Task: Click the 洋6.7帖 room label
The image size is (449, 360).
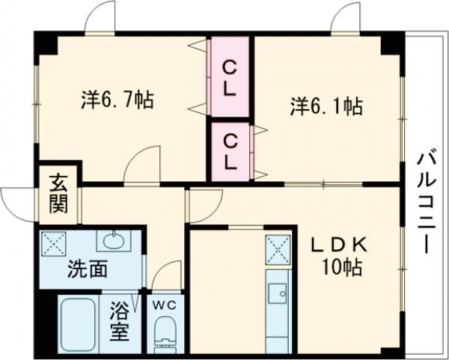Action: point(117,100)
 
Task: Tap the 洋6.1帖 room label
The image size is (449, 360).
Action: point(327,106)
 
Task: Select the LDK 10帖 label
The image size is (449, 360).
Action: point(340,258)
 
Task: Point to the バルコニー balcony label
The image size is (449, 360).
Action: point(427,204)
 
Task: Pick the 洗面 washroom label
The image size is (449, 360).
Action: point(88,269)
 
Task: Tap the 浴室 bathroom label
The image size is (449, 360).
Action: point(119,321)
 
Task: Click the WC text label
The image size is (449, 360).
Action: point(164,306)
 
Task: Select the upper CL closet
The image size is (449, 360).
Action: point(230,77)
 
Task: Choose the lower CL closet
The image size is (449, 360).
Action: point(230,152)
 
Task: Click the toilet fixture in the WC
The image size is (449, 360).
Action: point(165,335)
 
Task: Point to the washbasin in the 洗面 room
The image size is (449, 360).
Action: point(114,240)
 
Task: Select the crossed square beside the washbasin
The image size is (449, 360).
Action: point(54,243)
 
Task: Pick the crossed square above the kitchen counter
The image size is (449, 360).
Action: point(278,249)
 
